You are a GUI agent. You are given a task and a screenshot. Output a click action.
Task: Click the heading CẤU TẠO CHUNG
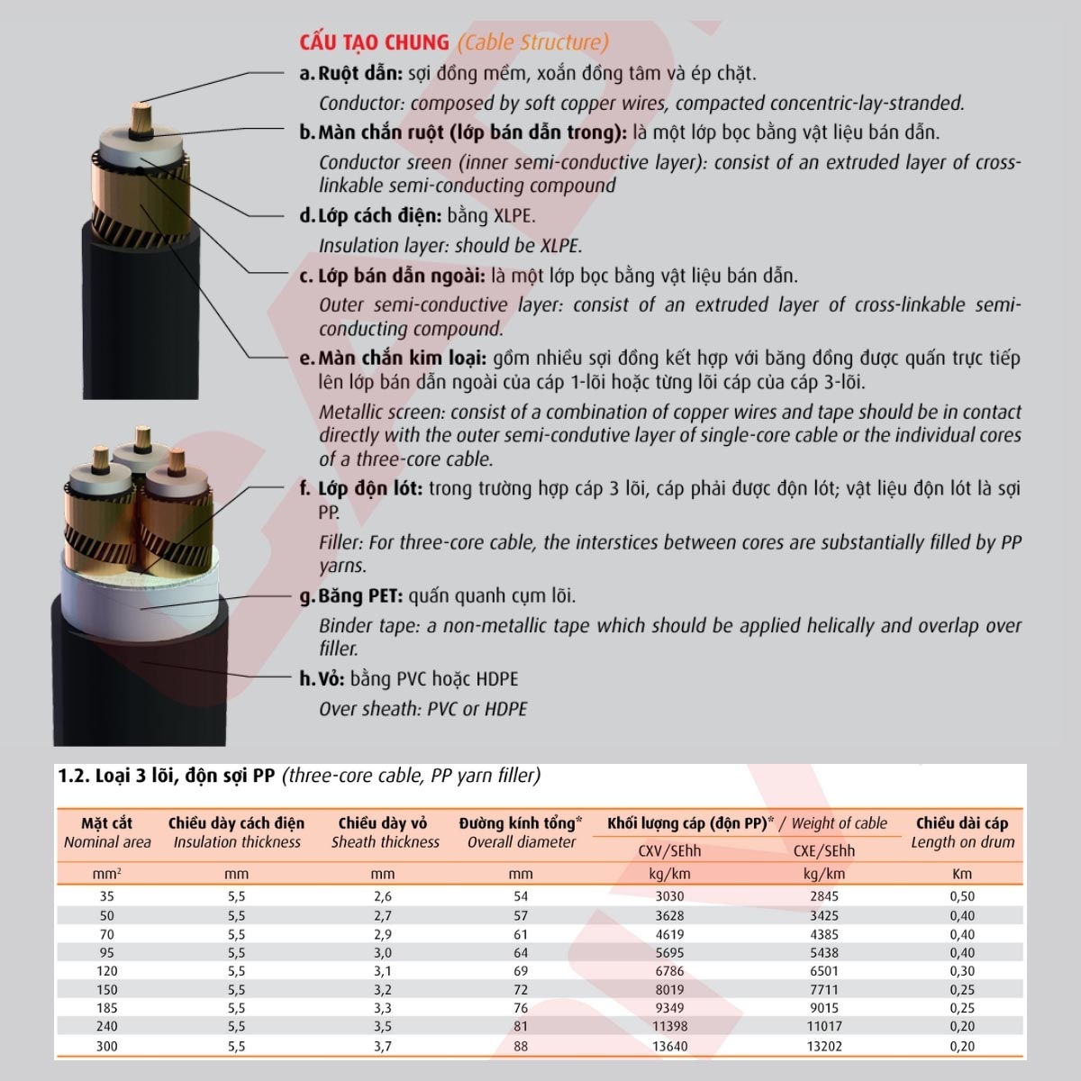click(374, 42)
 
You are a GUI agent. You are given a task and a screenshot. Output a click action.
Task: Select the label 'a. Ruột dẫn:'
click(351, 74)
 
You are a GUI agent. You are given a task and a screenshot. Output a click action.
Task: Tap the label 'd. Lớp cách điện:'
click(370, 216)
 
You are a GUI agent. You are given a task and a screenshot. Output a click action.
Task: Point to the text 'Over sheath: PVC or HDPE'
click(423, 709)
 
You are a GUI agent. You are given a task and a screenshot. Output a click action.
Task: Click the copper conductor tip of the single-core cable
click(141, 117)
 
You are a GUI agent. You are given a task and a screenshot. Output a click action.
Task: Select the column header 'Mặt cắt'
click(106, 823)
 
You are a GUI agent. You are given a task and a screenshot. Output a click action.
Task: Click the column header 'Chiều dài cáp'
click(961, 823)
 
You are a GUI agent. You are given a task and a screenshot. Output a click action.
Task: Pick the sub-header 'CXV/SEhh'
click(669, 851)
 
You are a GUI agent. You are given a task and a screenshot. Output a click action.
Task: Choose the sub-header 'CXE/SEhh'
click(823, 851)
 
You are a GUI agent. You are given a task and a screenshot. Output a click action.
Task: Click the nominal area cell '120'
click(106, 971)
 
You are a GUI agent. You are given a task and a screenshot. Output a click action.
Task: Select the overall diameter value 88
click(521, 1046)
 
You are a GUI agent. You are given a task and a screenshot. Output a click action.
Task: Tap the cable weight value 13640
click(669, 1046)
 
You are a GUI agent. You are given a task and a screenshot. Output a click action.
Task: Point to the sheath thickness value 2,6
click(383, 896)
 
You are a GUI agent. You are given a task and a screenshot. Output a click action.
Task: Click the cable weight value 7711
click(823, 990)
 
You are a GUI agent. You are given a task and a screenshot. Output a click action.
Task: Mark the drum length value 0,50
click(961, 896)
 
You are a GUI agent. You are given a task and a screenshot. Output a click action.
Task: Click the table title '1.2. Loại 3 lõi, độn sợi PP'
click(167, 776)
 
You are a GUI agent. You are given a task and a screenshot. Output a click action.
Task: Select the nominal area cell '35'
click(106, 896)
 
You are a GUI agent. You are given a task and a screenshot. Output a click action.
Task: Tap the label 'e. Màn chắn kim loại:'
click(393, 359)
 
